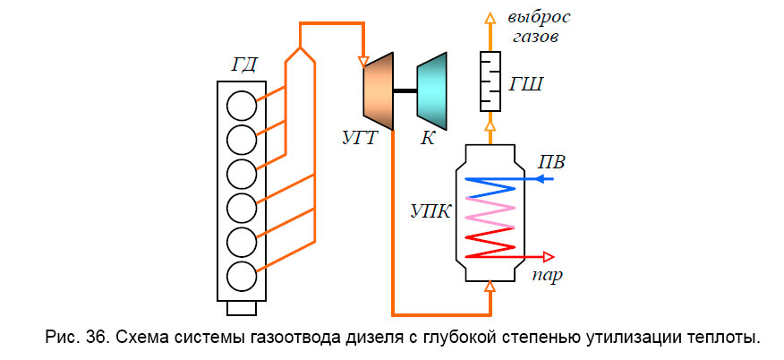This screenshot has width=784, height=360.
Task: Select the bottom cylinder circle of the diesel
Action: pyautogui.click(x=241, y=275)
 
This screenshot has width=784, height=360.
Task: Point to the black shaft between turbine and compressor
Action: pyautogui.click(x=405, y=90)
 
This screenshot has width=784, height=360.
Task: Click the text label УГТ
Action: pyautogui.click(x=362, y=140)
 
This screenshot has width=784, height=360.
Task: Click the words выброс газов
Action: pyautogui.click(x=539, y=28)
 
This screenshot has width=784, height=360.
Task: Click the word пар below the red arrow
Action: pyautogui.click(x=547, y=275)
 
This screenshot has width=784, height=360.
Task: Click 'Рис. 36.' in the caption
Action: pyautogui.click(x=73, y=338)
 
